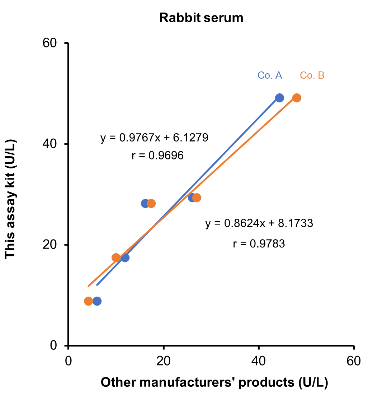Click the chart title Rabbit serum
201,18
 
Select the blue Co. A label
270,75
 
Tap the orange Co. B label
312,75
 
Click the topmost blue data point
279,98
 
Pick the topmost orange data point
297,98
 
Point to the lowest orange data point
88,301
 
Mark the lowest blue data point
97,301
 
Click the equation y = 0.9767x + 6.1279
154,138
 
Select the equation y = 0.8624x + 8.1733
259,223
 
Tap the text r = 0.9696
157,155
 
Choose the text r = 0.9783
259,244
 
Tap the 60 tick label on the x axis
354,361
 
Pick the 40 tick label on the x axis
258,361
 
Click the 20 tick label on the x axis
163,361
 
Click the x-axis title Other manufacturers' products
214,382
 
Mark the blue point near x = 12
125,257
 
